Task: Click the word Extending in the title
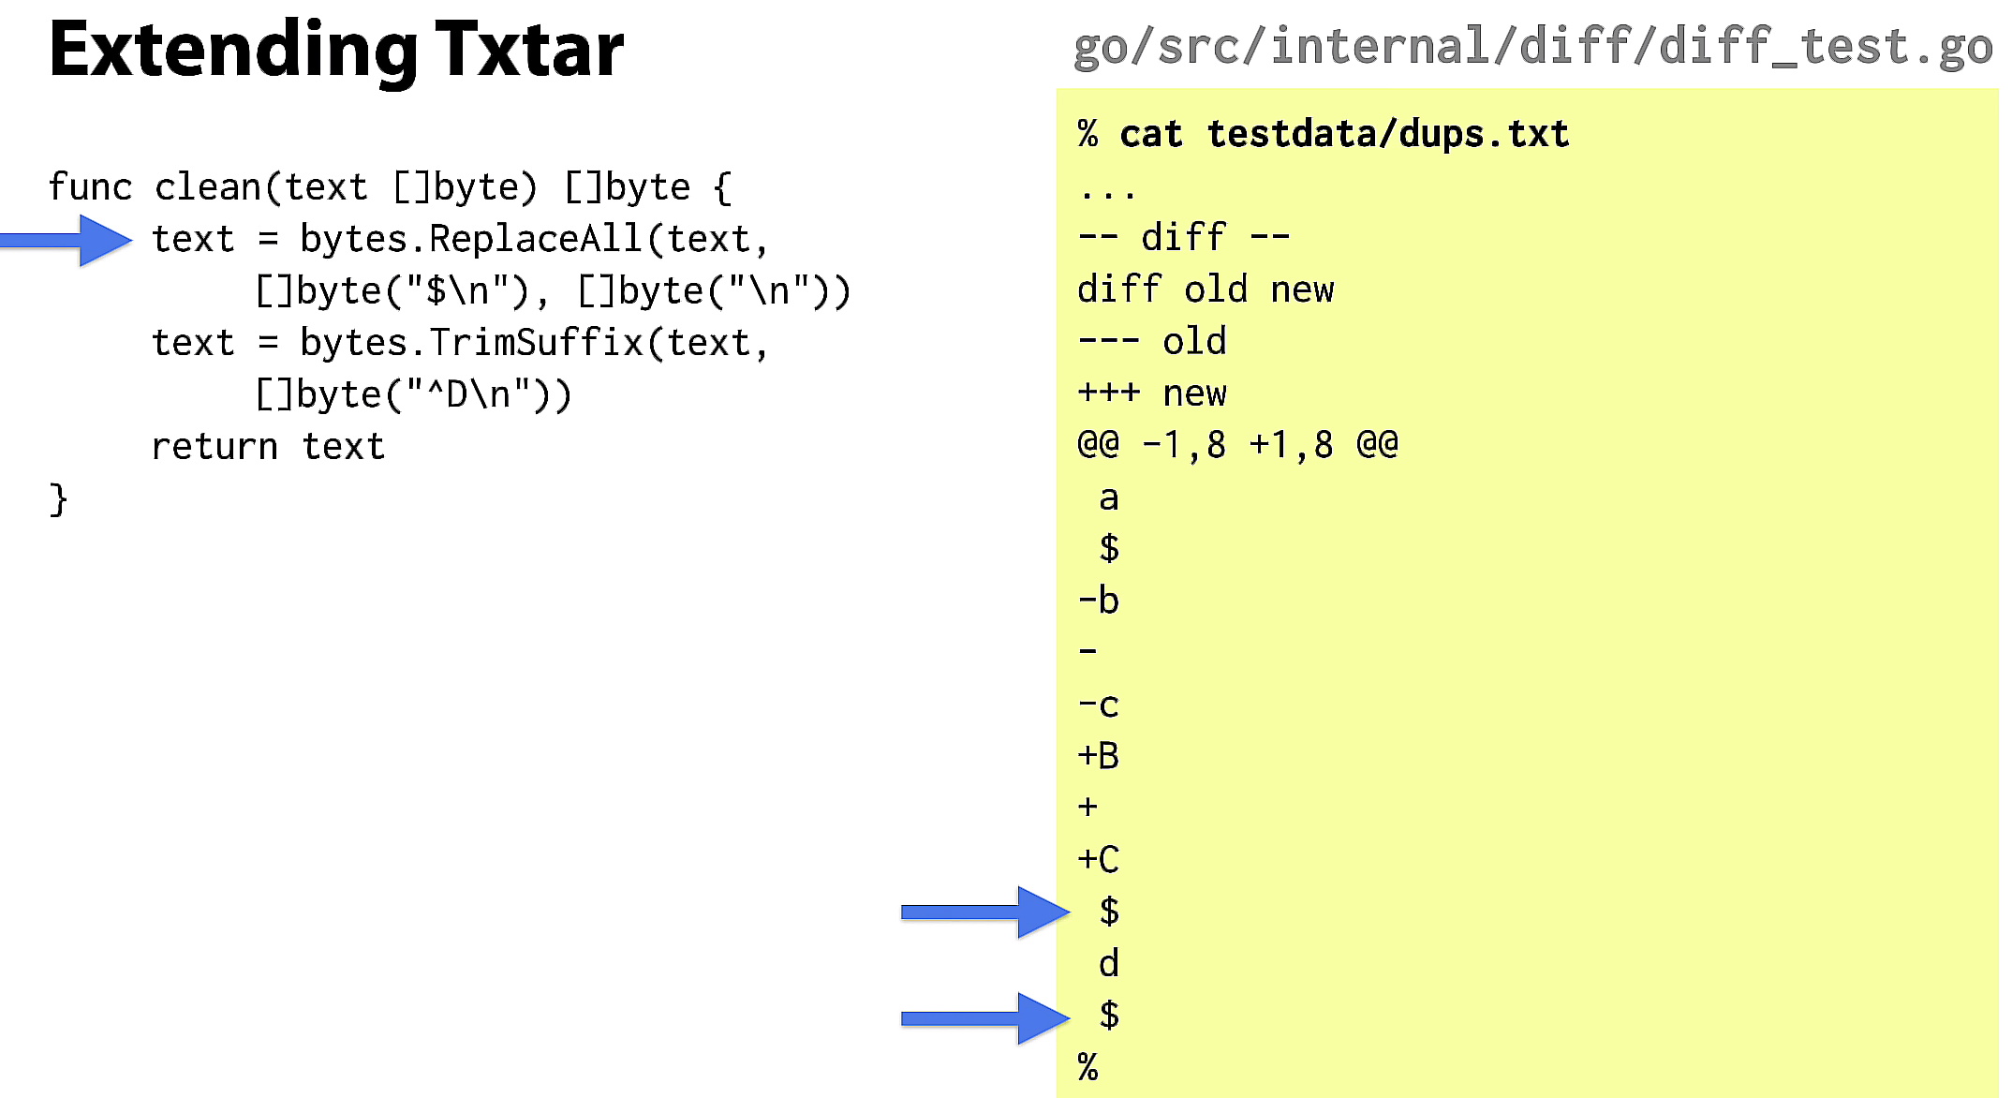(x=233, y=52)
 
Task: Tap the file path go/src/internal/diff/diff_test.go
(x=1532, y=47)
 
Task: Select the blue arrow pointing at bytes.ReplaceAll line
(x=66, y=241)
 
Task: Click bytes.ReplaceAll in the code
(x=471, y=240)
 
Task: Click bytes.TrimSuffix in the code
(x=471, y=343)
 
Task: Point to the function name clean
(x=208, y=187)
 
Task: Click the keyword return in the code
(x=215, y=447)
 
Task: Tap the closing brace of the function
(x=59, y=499)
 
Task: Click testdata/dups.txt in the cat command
(x=1388, y=135)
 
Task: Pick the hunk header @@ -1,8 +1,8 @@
(x=1237, y=444)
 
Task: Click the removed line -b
(x=1099, y=601)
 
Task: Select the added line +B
(x=1099, y=755)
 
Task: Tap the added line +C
(x=1099, y=859)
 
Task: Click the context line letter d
(x=1109, y=963)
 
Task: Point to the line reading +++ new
(x=1152, y=393)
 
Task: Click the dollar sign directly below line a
(x=1109, y=548)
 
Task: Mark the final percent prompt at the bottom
(x=1087, y=1067)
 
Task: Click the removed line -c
(x=1099, y=705)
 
